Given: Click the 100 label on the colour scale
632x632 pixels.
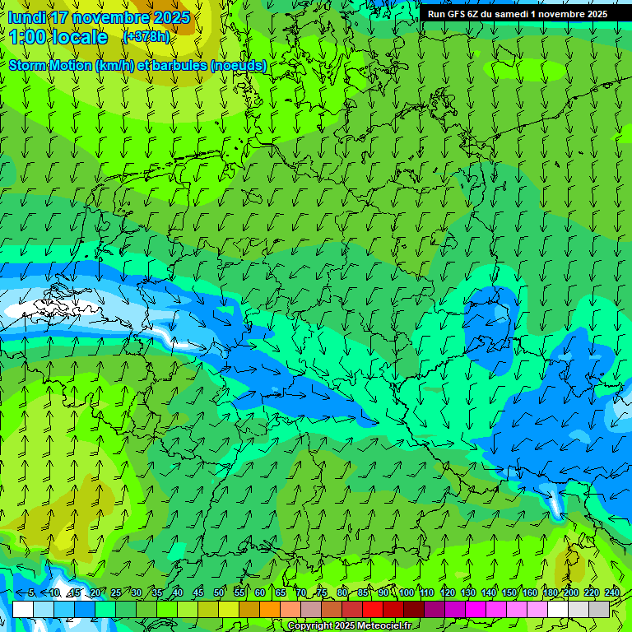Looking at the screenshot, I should [407, 592].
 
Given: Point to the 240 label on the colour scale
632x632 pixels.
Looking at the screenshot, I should [612, 592].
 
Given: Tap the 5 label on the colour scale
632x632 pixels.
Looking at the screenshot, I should [30, 592].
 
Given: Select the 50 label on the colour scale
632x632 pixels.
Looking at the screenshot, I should [219, 592].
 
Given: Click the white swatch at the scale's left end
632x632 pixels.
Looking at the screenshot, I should [22, 609].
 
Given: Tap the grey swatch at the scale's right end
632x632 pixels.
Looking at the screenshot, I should [599, 609].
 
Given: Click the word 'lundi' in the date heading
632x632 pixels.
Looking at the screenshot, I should [26, 17].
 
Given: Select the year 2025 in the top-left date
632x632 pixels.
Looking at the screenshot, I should [171, 17].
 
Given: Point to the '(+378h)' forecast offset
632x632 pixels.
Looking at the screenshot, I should [146, 37].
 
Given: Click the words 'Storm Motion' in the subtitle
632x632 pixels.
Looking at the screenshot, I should [49, 65].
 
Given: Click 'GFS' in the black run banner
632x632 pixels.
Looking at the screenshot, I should [456, 14].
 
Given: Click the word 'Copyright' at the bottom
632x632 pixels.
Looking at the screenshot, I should [310, 626].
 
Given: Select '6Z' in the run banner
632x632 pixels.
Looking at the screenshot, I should [473, 14].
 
